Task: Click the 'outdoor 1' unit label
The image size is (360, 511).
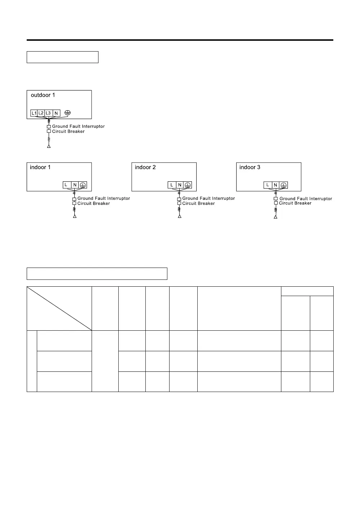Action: click(43, 95)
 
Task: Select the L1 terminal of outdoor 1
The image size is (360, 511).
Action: click(34, 113)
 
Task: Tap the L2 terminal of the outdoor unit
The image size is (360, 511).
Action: click(41, 113)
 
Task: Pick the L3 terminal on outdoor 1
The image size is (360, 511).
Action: click(48, 113)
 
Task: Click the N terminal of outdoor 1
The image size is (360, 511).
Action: click(56, 113)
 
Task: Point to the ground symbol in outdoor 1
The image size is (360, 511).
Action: click(67, 113)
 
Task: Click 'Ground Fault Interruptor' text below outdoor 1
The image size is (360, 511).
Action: click(78, 126)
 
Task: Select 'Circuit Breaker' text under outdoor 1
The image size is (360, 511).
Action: click(68, 131)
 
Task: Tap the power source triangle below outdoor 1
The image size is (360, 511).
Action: click(49, 146)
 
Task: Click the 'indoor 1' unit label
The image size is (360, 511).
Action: click(40, 167)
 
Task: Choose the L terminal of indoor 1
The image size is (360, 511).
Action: click(66, 185)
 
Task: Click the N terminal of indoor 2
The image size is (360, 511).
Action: click(180, 185)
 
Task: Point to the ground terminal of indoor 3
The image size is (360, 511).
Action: click(284, 185)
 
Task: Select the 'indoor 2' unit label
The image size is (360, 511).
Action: click(145, 167)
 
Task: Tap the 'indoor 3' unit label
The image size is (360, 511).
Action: click(250, 167)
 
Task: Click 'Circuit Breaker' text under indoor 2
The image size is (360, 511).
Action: click(198, 203)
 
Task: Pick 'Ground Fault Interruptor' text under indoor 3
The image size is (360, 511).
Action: click(306, 198)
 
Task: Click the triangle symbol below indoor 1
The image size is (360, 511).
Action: click(75, 216)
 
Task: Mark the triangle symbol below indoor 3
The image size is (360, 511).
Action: click(276, 217)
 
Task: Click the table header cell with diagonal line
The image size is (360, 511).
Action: click(60, 308)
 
